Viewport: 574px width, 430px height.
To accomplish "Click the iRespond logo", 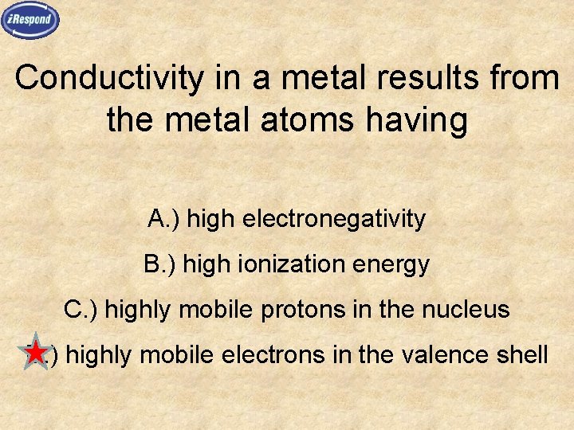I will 30,20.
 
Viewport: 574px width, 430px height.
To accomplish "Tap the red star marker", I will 35,353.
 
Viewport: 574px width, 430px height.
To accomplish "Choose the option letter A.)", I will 163,218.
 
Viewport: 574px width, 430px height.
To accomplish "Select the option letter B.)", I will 160,264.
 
